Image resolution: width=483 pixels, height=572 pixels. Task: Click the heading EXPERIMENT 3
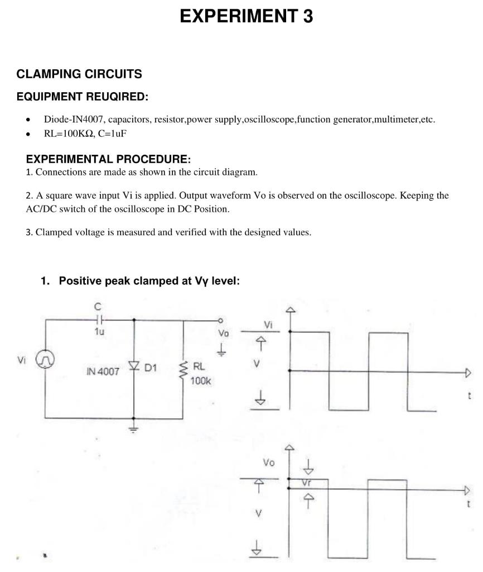(246, 17)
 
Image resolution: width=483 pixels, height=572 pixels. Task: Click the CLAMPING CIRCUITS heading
(79, 74)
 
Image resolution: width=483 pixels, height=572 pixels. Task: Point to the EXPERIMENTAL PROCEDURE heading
(108, 159)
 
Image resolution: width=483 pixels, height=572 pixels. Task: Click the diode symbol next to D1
(134, 366)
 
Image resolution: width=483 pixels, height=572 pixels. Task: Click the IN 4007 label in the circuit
(103, 371)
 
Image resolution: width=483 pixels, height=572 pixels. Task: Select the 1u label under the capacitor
(99, 331)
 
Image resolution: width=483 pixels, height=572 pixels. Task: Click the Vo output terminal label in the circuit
(223, 333)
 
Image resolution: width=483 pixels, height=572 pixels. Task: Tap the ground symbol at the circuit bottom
(134, 430)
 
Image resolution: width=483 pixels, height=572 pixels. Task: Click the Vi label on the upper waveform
(268, 325)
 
